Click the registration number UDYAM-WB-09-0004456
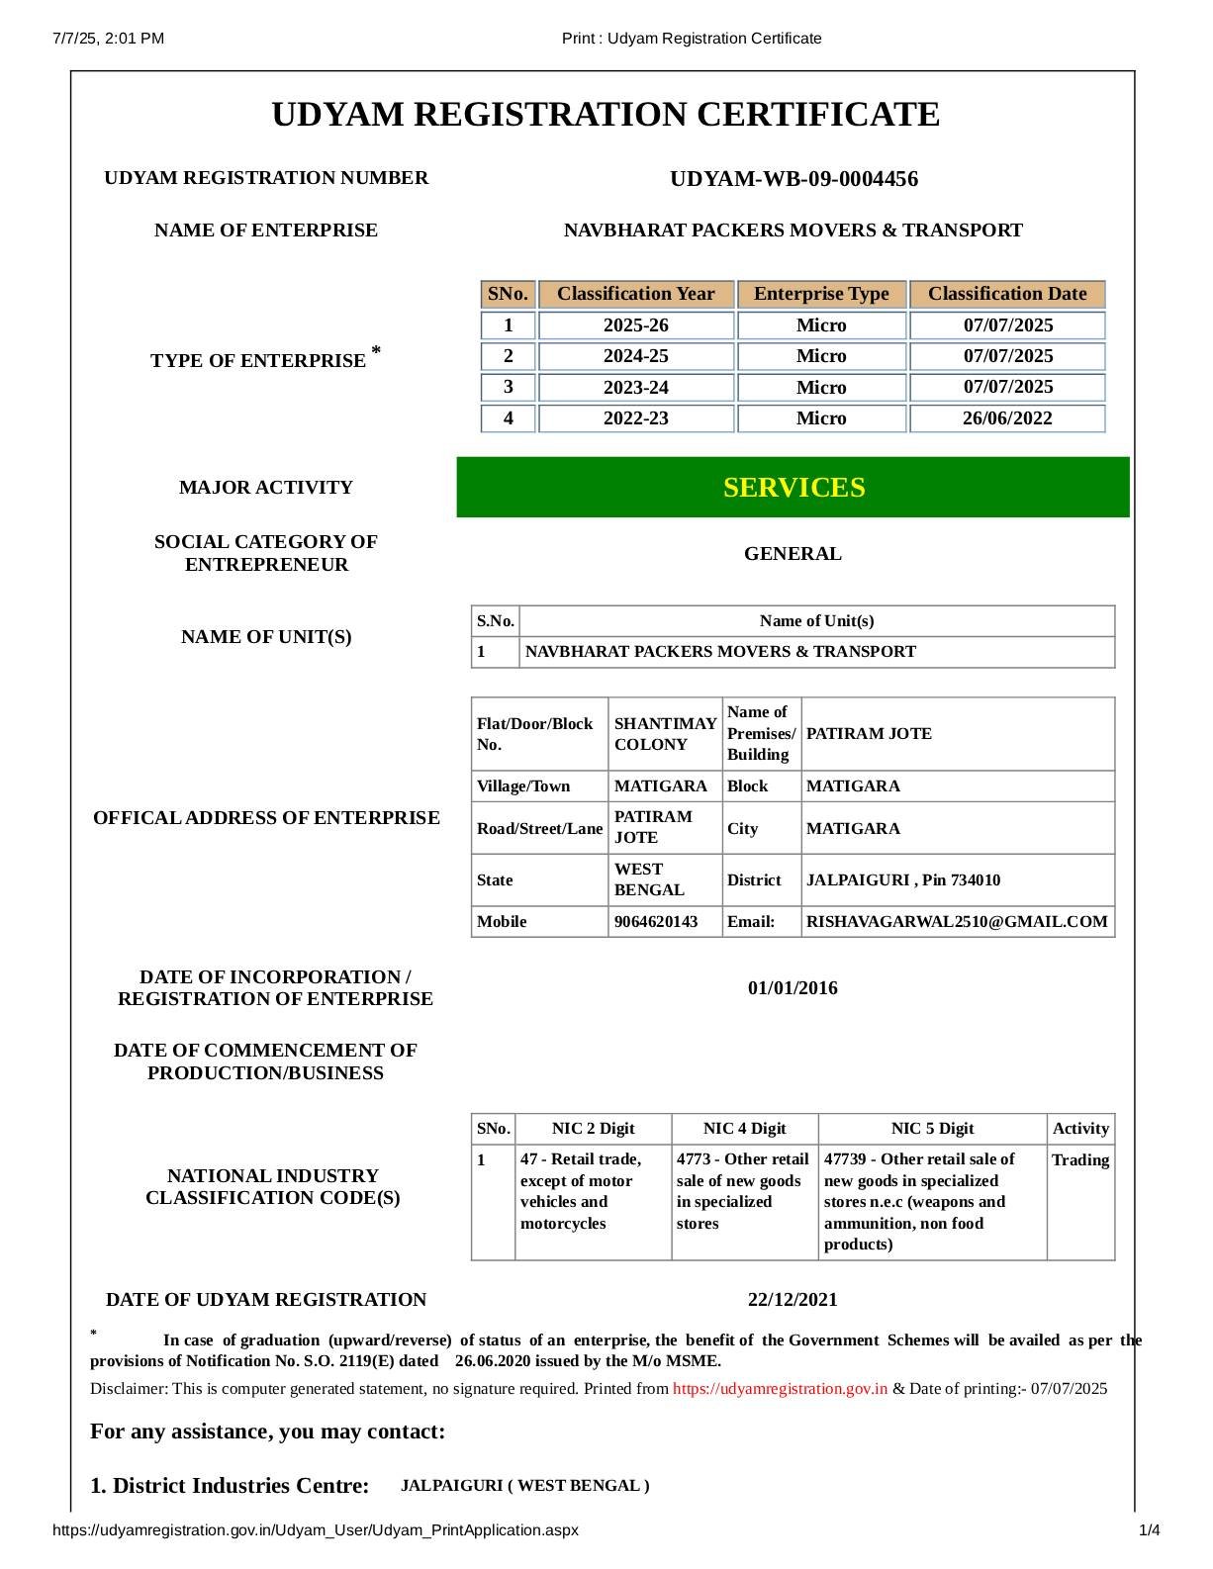793,179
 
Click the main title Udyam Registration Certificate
606,115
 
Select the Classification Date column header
1006,294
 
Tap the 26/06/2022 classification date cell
1006,418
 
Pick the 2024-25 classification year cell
635,356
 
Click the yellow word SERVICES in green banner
793,488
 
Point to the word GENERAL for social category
793,554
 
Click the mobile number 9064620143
655,922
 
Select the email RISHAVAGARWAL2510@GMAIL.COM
956,922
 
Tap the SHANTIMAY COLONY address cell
664,734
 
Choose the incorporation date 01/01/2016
793,988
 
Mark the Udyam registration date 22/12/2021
793,1300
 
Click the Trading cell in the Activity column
1079,1160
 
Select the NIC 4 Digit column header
744,1129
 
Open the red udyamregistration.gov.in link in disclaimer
780,1389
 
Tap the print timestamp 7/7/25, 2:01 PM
109,39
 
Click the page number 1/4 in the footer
1149,1530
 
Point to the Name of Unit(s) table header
816,621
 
